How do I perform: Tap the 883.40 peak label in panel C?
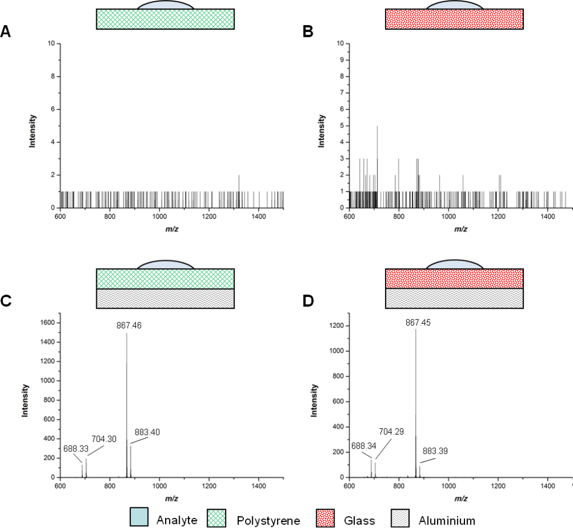tap(147, 432)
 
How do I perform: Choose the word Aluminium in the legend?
tap(447, 521)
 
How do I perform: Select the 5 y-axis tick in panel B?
tap(340, 126)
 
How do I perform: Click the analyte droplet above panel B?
tap(454, 5)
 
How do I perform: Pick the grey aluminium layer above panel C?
tap(165, 299)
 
